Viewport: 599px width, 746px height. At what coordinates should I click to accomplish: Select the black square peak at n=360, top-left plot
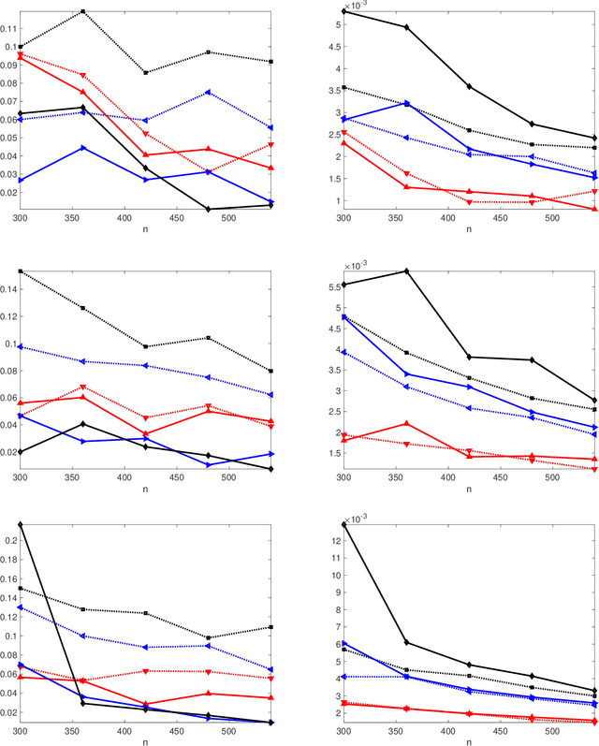83,11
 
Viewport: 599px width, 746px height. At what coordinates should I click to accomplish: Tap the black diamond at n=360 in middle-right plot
406,271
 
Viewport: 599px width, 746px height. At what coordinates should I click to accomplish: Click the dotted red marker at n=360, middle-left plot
83,388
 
